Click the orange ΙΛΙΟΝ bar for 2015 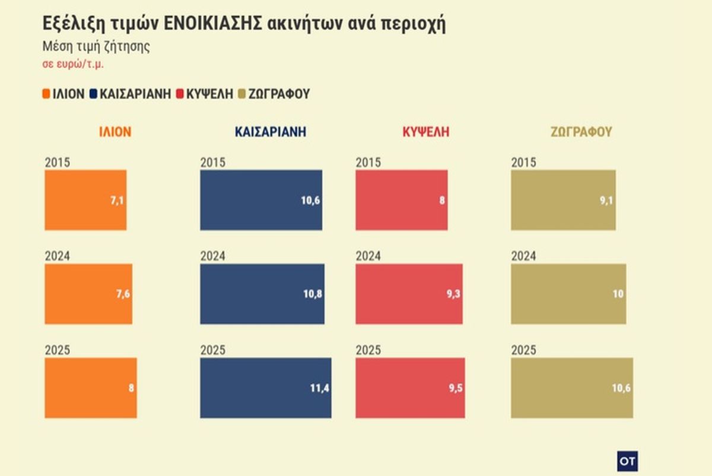(x=85, y=200)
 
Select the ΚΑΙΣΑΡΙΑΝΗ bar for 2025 (x=265, y=388)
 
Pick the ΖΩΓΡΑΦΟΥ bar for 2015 (x=562, y=200)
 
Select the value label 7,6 (x=123, y=294)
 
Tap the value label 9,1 (x=606, y=200)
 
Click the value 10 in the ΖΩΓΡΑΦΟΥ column (x=618, y=294)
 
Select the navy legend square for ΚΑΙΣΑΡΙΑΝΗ (x=94, y=94)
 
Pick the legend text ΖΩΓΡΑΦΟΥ (x=279, y=94)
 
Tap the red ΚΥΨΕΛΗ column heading (x=426, y=132)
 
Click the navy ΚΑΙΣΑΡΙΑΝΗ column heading (x=271, y=132)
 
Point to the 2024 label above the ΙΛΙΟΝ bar (x=57, y=256)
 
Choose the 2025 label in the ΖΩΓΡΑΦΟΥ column (x=523, y=350)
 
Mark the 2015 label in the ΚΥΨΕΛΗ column (x=368, y=163)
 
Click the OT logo (x=627, y=461)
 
